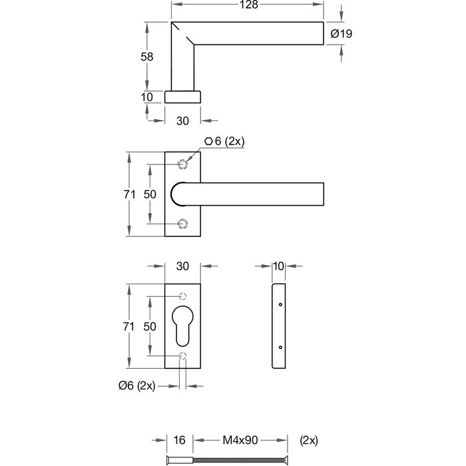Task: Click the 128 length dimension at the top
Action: [x=248, y=5]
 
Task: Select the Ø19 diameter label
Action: [x=341, y=33]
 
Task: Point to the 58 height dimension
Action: [x=147, y=57]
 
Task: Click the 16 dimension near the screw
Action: [x=179, y=440]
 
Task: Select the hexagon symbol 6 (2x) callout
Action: [x=226, y=141]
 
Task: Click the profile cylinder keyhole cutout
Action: [x=183, y=327]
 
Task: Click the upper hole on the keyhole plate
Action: [x=182, y=296]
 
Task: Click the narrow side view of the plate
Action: [x=279, y=327]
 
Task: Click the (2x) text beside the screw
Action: [x=310, y=440]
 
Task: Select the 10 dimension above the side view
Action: [x=279, y=266]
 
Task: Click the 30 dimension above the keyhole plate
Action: [x=183, y=266]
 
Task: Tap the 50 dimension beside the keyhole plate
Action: [x=150, y=327]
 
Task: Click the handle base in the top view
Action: [x=183, y=97]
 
